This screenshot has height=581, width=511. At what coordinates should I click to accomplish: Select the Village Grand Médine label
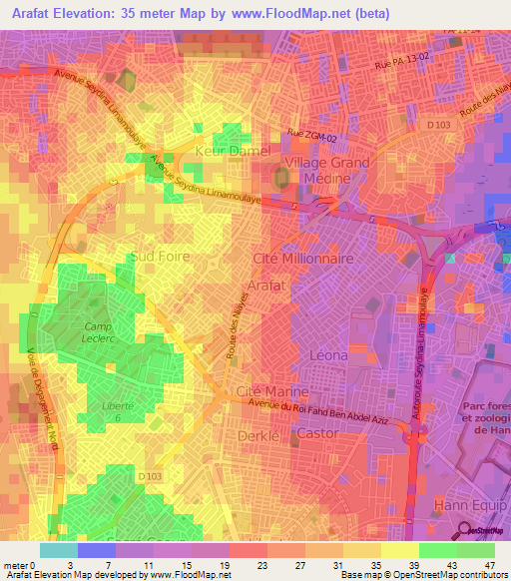(326, 171)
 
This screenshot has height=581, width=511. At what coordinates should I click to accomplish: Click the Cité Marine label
(271, 390)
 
